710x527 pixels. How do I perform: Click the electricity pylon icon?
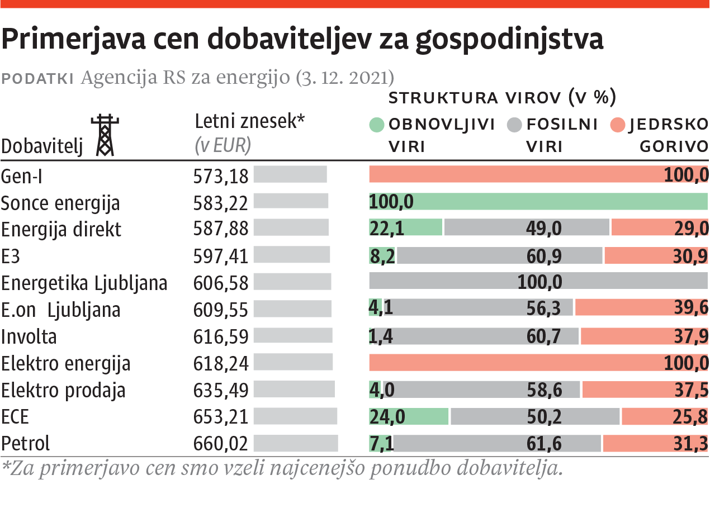105,135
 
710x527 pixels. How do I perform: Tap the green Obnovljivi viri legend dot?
377,125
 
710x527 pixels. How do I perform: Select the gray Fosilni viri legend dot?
515,125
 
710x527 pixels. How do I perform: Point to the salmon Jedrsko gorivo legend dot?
618,125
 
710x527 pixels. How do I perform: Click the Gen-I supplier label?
22,176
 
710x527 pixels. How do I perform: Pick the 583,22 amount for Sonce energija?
220,203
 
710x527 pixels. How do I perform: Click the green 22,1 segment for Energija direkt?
405,228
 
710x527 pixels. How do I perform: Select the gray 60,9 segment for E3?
499,255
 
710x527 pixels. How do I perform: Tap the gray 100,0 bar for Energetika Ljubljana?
538,281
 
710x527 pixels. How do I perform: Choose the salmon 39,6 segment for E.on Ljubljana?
641,307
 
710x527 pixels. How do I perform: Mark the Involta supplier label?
29,337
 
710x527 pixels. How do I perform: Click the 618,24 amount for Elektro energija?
220,363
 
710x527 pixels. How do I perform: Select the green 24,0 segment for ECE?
409,416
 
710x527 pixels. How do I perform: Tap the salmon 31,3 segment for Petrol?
655,443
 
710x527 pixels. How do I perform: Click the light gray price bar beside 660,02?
296,443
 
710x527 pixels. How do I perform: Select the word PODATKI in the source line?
38,78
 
